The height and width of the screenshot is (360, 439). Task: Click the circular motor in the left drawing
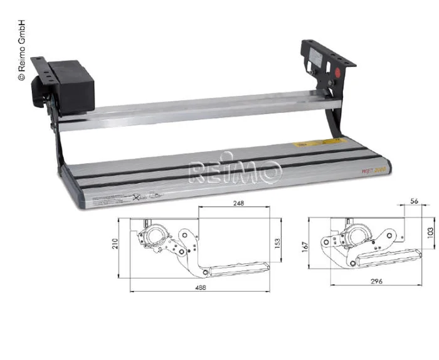154,238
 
